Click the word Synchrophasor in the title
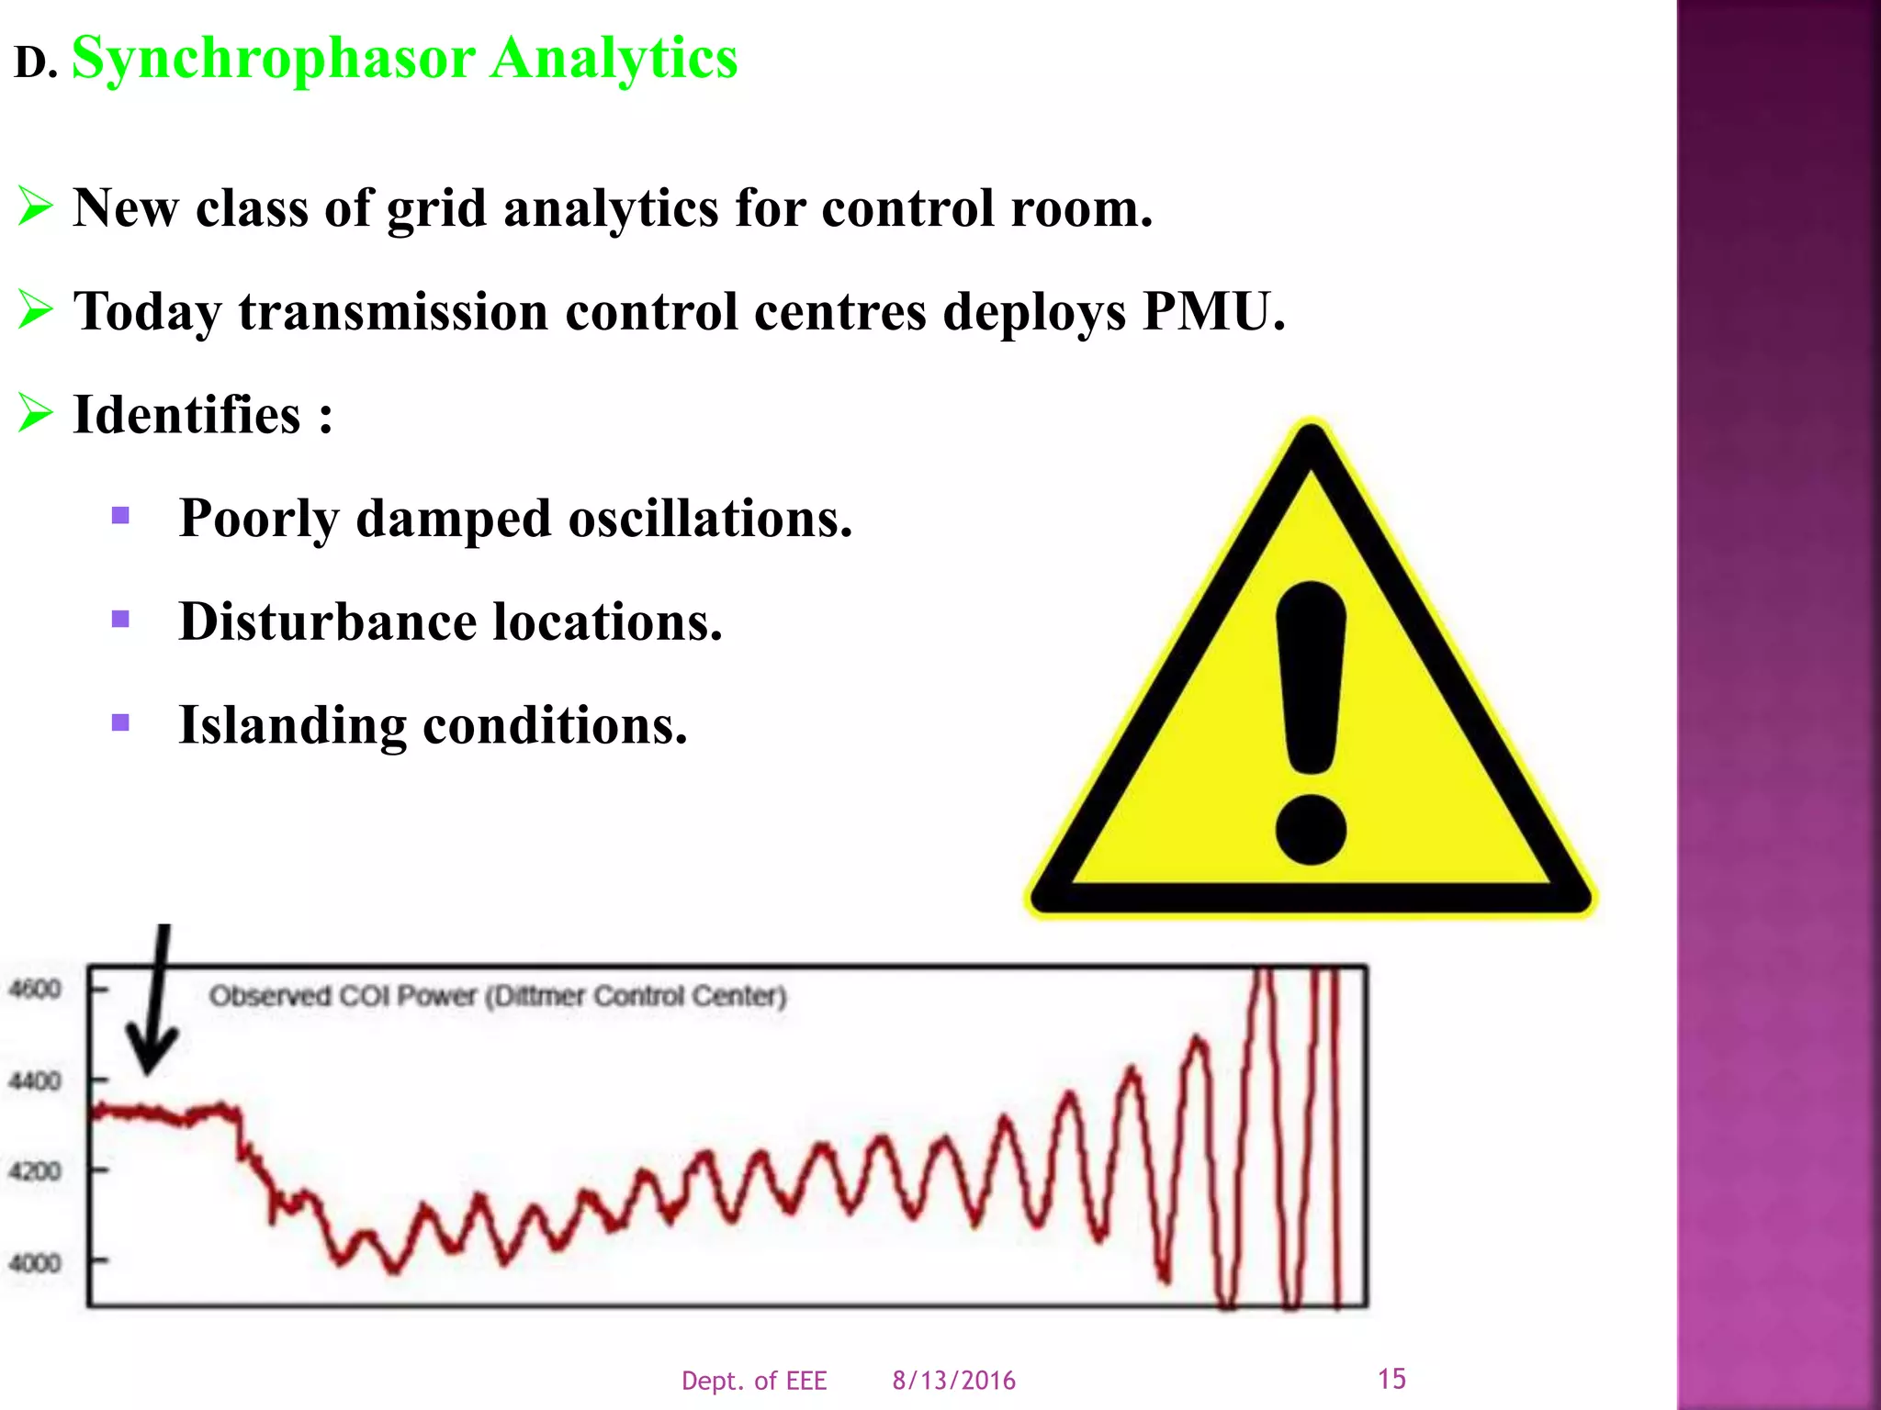pos(273,59)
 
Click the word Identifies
pos(186,415)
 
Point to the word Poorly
pos(258,520)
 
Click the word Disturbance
pos(327,622)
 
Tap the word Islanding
pos(291,726)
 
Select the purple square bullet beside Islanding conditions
pos(120,722)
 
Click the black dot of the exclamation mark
pos(1311,830)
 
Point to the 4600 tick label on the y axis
pos(35,990)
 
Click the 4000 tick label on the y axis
pos(35,1264)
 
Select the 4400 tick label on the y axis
pos(35,1080)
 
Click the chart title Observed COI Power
pos(497,996)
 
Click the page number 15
pos(1391,1379)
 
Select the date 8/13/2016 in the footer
pos(953,1381)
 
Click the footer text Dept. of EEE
pos(753,1381)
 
